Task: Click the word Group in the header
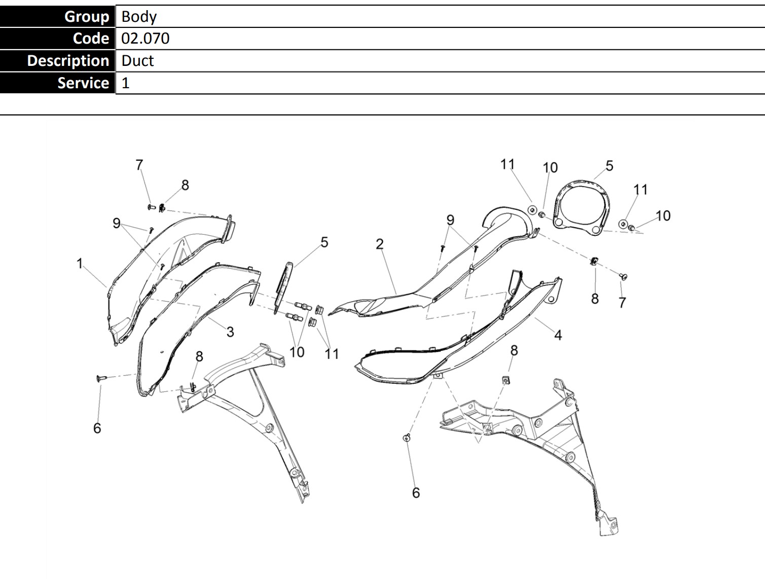point(87,17)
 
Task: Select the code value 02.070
point(145,39)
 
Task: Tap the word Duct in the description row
point(137,61)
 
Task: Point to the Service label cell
point(57,83)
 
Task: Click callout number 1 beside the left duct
point(80,264)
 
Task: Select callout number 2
point(380,244)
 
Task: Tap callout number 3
point(230,332)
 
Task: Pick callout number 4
point(558,335)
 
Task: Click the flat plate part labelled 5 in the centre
point(283,287)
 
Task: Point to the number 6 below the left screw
point(97,428)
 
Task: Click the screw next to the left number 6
point(101,378)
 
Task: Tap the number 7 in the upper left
point(139,165)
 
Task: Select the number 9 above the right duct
point(450,220)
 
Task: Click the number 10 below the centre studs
point(297,352)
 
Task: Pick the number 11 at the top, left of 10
point(507,164)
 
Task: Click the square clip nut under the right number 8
point(506,380)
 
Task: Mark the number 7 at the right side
point(623,303)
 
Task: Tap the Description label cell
point(57,61)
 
